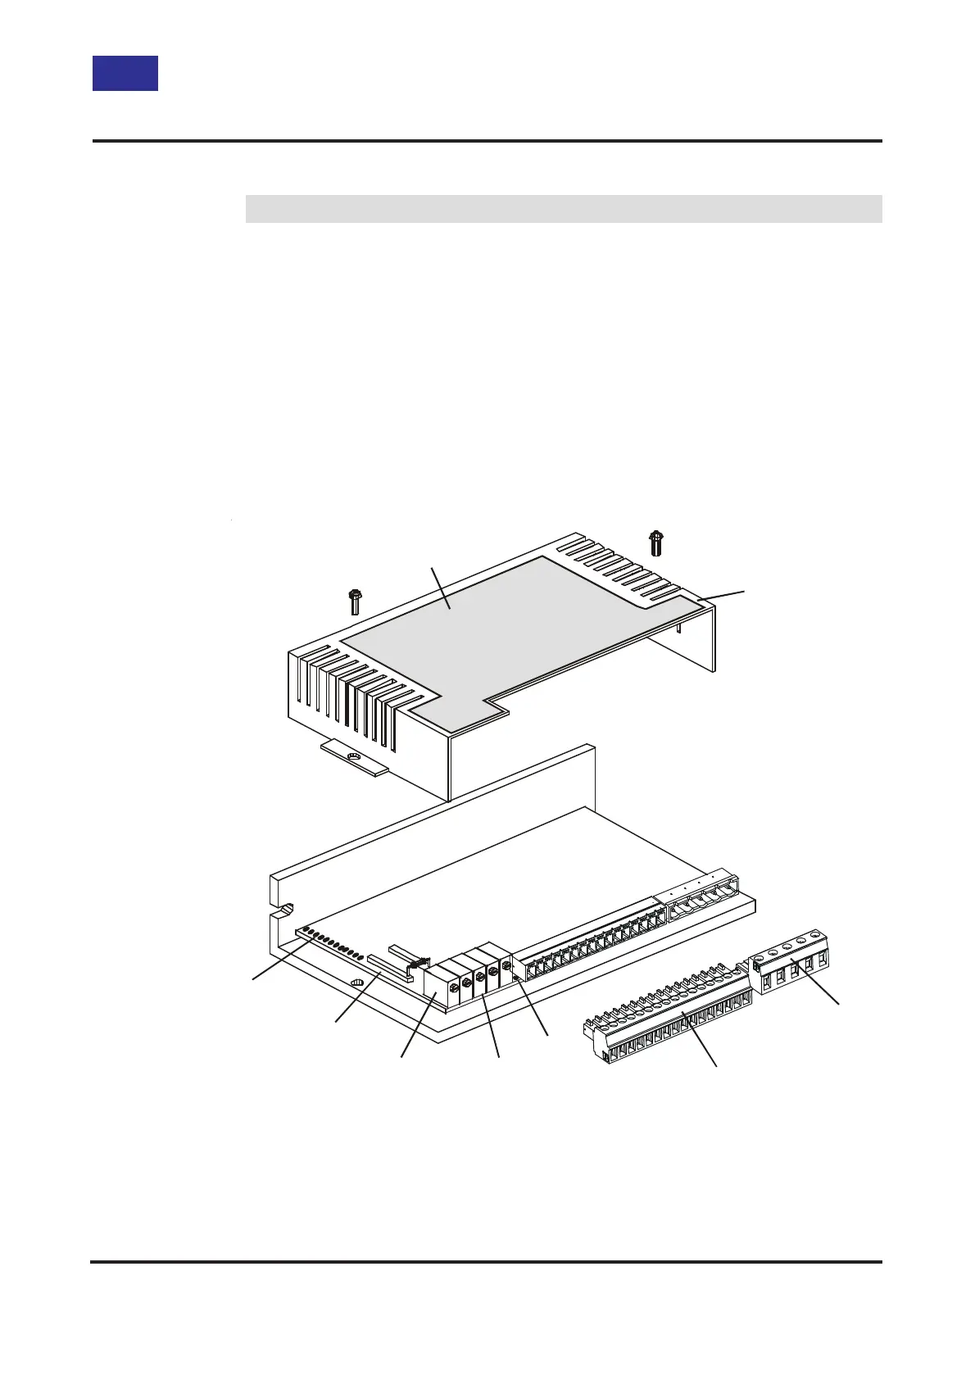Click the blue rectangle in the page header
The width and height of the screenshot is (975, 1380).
point(125,73)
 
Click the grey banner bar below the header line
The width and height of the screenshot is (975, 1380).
point(563,209)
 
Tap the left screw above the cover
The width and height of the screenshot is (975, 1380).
point(355,601)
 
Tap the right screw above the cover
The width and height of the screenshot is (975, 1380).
point(655,542)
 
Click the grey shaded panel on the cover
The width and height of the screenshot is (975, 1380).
point(508,631)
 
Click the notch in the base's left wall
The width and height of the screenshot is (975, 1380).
point(283,909)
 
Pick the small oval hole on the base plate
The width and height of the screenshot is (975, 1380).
point(356,983)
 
